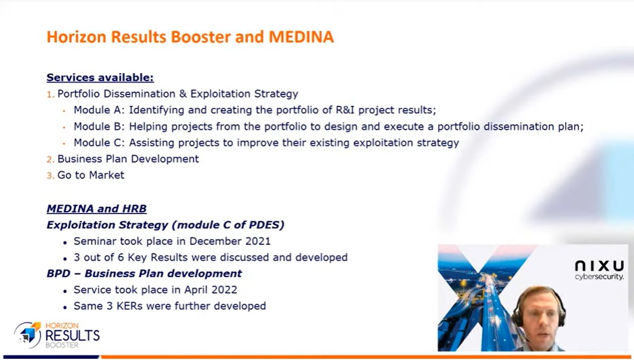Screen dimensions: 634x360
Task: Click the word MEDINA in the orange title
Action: pos(301,37)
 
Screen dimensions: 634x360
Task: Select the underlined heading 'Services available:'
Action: pos(100,77)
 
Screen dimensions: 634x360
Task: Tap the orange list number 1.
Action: pos(50,94)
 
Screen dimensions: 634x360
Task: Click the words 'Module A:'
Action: pos(99,110)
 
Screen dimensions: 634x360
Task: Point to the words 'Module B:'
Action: pos(99,126)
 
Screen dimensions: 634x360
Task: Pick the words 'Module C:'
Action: pos(99,143)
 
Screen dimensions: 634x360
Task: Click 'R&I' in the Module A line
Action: pos(345,110)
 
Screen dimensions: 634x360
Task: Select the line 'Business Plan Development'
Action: pos(128,159)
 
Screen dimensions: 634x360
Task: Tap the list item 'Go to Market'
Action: pos(91,175)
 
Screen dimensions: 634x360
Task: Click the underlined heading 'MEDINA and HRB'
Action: pos(97,209)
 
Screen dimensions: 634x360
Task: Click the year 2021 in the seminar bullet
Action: pos(258,241)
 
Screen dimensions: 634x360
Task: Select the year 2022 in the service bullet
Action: pos(224,290)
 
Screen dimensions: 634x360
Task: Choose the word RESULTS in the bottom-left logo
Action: pos(73,335)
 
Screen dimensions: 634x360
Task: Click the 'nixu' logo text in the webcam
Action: pos(600,266)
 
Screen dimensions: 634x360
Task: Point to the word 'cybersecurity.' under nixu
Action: pos(600,277)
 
